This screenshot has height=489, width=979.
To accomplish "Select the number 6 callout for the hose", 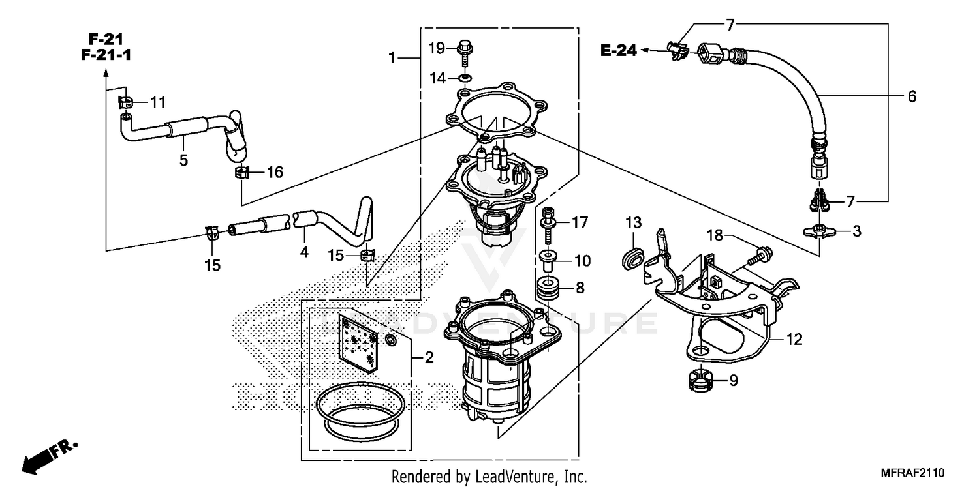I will pos(912,96).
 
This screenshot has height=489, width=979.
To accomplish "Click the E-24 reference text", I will pos(618,51).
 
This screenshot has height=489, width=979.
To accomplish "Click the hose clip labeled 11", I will pos(127,102).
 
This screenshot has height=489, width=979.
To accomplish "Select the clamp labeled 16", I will pos(242,173).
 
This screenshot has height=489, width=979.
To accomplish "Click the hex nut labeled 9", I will pos(700,380).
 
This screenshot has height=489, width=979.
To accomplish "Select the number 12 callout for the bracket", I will pos(794,340).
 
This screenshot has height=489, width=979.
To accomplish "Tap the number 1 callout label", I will pos(392,59).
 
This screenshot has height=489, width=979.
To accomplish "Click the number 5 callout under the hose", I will pos(183,160).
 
